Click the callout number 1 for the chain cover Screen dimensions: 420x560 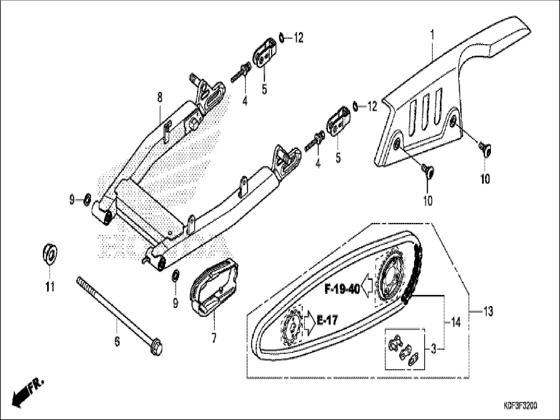(432, 34)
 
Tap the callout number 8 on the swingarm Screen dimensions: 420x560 (159, 97)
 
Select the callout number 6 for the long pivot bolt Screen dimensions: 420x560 (117, 341)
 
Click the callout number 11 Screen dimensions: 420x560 (49, 287)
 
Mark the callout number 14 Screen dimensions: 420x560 (456, 322)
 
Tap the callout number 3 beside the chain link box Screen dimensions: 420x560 (433, 350)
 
